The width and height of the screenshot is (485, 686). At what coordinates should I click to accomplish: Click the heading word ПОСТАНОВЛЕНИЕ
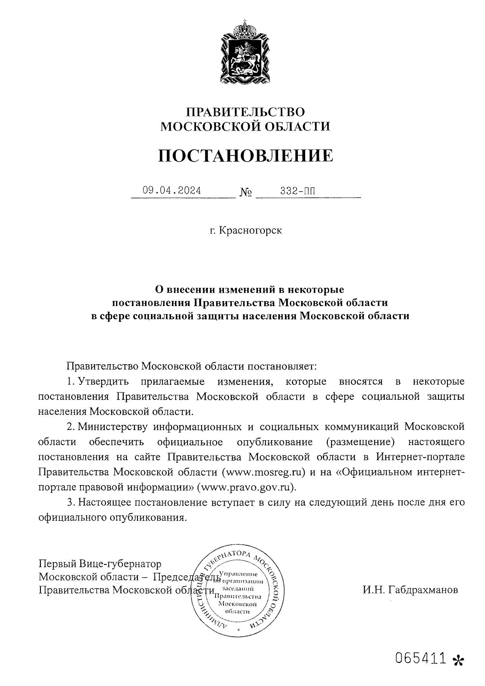245,156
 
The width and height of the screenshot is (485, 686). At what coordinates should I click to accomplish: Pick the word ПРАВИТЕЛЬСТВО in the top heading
245,112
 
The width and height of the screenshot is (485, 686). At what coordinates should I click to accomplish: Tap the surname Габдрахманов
410,590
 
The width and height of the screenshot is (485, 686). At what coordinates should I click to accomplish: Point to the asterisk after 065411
458,660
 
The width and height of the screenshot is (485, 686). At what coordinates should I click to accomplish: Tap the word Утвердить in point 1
103,381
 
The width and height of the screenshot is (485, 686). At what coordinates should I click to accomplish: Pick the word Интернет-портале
420,457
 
